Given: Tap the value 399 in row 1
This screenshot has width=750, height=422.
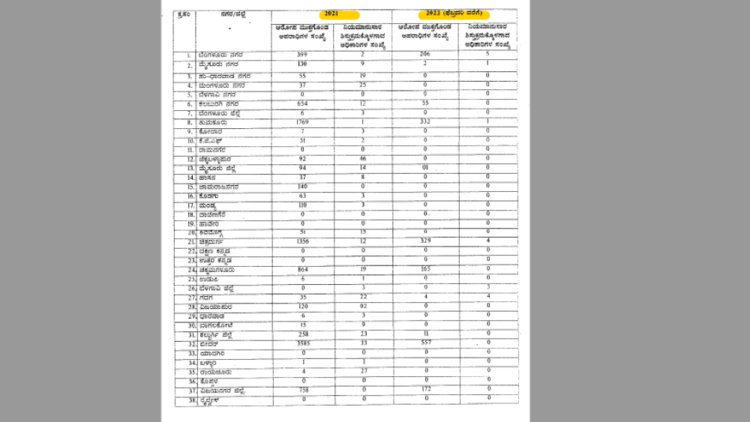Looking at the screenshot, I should tap(302, 55).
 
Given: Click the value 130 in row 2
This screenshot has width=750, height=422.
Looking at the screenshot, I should tap(302, 65).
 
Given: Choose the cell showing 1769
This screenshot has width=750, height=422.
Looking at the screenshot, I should tap(302, 121).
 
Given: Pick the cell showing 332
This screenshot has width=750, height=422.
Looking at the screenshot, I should tap(424, 121).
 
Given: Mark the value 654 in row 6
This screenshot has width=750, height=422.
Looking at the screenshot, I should tap(302, 103).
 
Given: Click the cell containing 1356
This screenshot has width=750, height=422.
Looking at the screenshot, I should tap(302, 242).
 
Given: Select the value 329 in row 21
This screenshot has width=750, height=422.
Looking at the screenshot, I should tap(424, 242).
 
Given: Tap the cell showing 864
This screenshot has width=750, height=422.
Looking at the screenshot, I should tap(302, 268).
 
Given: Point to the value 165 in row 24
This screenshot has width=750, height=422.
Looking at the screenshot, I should tap(424, 268).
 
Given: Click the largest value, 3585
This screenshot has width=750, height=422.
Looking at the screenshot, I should tap(302, 343).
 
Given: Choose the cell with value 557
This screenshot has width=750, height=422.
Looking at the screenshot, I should tap(424, 343).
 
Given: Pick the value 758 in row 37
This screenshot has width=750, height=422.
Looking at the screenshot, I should tap(302, 390).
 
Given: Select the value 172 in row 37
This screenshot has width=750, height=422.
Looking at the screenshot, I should tap(424, 390).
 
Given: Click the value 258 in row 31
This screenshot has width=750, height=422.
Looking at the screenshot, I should tap(302, 334).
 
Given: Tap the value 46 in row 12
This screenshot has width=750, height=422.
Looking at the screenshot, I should tap(362, 159).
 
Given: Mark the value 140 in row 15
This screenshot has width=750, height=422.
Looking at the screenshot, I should tap(302, 187).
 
